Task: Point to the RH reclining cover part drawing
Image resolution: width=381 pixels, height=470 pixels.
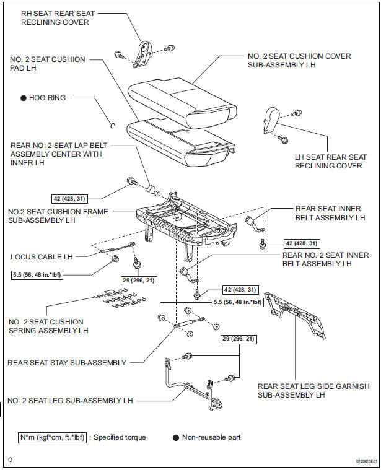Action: point(144,54)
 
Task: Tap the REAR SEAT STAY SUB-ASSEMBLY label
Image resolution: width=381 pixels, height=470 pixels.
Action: point(67,362)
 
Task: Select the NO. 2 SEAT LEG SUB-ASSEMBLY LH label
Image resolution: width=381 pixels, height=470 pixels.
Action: point(71,401)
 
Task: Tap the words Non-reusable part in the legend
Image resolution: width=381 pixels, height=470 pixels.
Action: point(211,437)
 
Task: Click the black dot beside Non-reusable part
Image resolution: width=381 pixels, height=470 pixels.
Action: point(175,437)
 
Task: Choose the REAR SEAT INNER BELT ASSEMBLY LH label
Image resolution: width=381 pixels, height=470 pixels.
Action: point(328,213)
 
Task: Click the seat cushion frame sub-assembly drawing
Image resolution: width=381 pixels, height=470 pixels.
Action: point(186,217)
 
